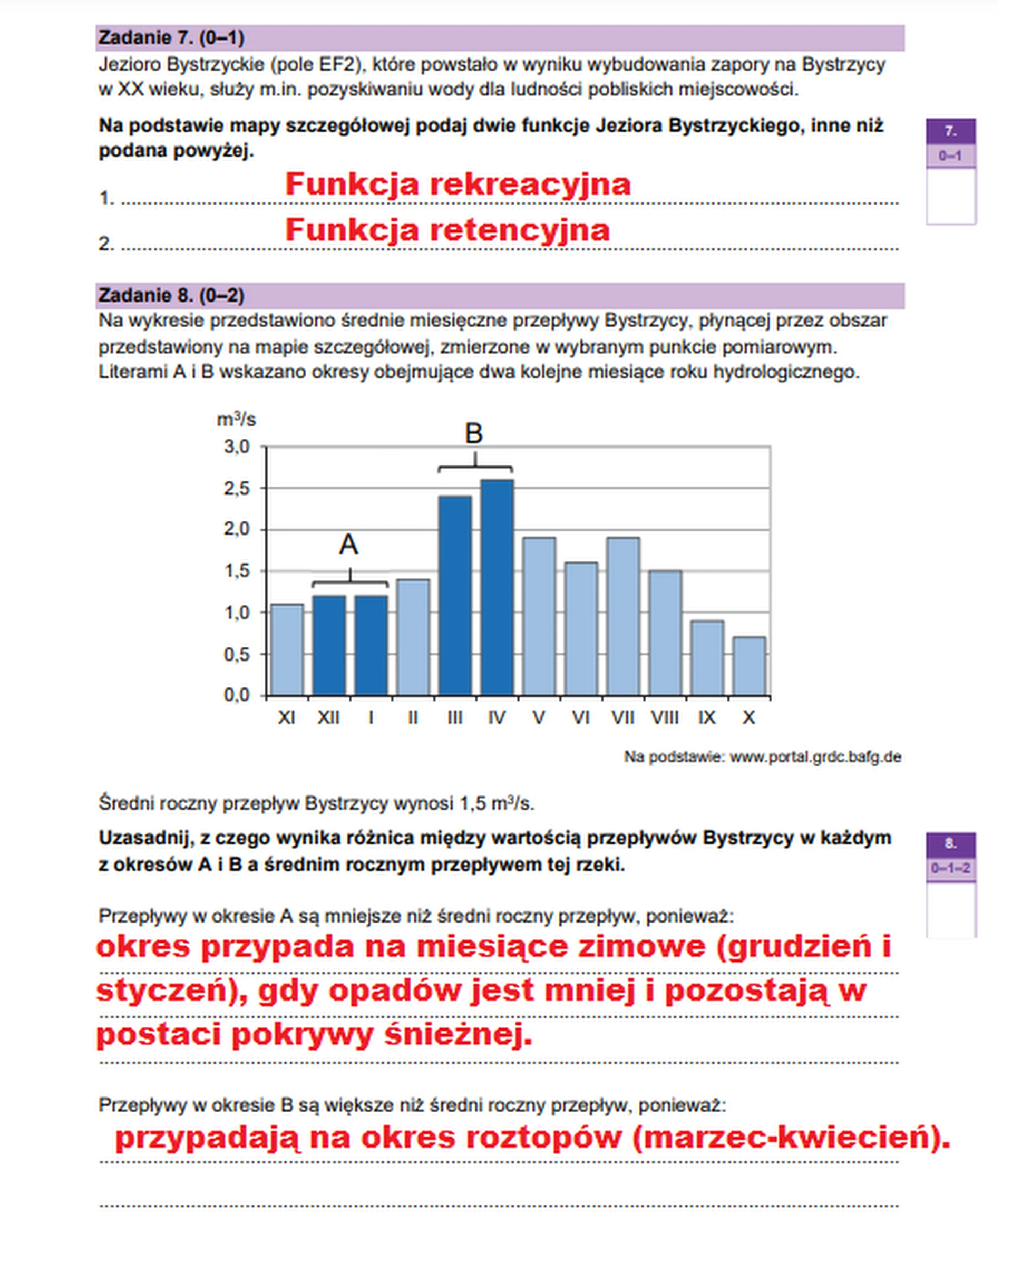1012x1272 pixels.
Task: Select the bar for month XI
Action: (x=287, y=649)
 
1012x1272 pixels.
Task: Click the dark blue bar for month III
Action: (x=455, y=595)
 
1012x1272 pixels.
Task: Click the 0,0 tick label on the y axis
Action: (x=237, y=695)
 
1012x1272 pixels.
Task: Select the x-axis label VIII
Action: (x=665, y=717)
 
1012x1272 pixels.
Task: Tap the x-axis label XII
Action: (x=328, y=717)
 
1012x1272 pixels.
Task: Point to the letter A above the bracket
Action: (x=348, y=544)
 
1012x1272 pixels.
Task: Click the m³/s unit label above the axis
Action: (x=236, y=420)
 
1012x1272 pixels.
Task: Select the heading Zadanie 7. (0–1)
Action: (x=171, y=38)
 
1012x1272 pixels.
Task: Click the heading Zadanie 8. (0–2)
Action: (x=171, y=295)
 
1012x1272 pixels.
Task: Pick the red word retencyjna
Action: (x=519, y=229)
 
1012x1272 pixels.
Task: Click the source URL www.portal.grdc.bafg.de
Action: (x=815, y=757)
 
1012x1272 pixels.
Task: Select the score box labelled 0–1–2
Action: (x=950, y=868)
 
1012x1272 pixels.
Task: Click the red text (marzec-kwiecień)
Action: (x=790, y=1137)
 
